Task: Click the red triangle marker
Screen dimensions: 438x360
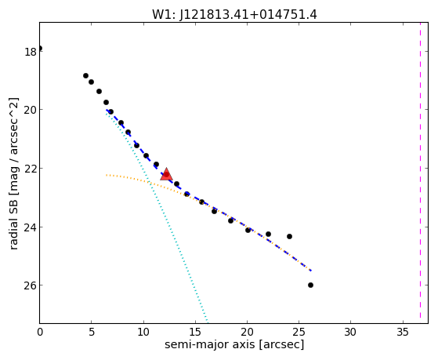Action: point(166,175)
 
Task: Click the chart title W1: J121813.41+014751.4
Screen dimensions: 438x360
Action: point(234,15)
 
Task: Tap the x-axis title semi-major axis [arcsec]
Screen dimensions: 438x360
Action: point(234,344)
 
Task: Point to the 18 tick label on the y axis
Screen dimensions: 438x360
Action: point(31,52)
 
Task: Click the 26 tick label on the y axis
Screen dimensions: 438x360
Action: point(31,285)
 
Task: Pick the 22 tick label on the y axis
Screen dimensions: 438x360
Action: point(31,169)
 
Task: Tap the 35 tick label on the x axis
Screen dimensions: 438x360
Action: point(403,333)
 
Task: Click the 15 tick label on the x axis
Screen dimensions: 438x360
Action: point(195,333)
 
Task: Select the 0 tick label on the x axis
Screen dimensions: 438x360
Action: point(40,333)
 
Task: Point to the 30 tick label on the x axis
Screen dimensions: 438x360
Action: point(350,333)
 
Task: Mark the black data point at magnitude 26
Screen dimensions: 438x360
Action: point(310,285)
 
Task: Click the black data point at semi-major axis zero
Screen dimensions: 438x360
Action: point(40,48)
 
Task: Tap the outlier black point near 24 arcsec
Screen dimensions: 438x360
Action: point(289,236)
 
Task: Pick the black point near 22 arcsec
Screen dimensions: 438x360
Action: point(268,234)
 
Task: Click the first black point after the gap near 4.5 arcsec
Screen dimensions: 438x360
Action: point(85,75)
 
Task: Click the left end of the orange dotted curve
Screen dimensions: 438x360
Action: point(107,175)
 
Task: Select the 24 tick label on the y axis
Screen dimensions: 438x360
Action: point(31,227)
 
